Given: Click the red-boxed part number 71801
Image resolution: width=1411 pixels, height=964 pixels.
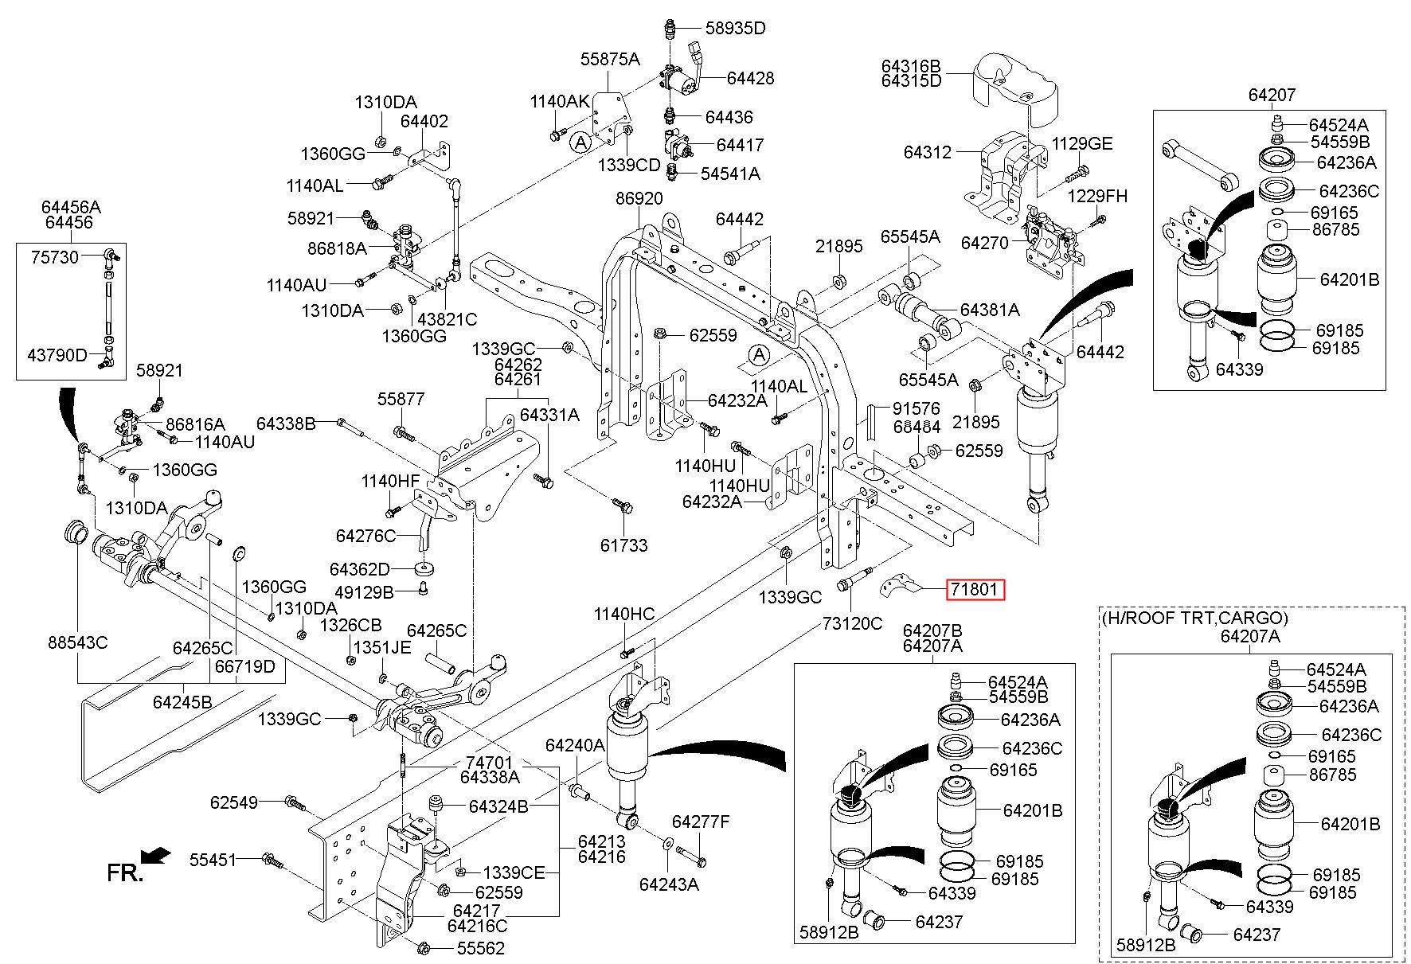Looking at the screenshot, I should click(975, 590).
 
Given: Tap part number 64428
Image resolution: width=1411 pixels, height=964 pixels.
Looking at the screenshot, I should click(750, 78).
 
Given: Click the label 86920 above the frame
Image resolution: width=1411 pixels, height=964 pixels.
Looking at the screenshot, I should click(639, 198).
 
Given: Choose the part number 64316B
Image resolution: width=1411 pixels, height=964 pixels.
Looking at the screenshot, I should click(911, 64).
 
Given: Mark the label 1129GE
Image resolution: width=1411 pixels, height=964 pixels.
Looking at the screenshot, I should click(1082, 144).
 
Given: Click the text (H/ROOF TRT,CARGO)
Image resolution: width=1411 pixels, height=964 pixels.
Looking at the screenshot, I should click(1194, 617).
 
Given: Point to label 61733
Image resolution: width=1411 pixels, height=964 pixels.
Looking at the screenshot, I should click(623, 545).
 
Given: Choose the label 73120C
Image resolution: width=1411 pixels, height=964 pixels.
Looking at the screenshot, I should click(852, 623).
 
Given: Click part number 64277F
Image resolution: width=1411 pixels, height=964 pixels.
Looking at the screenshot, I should click(701, 822).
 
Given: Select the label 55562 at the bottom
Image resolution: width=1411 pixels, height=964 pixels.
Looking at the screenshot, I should click(480, 948).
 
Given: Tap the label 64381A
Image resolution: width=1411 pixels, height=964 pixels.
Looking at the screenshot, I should click(990, 310).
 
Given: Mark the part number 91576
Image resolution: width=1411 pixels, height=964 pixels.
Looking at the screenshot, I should click(916, 409).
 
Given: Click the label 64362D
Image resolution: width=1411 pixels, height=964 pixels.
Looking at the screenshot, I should click(360, 569).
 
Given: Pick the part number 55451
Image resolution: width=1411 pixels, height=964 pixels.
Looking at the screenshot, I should click(213, 860).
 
